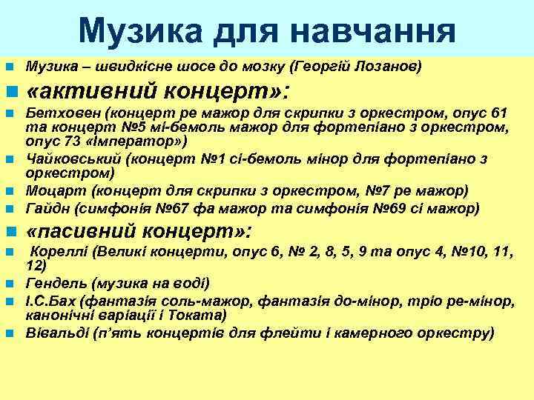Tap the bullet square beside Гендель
click(x=10, y=284)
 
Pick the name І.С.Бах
click(x=50, y=301)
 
